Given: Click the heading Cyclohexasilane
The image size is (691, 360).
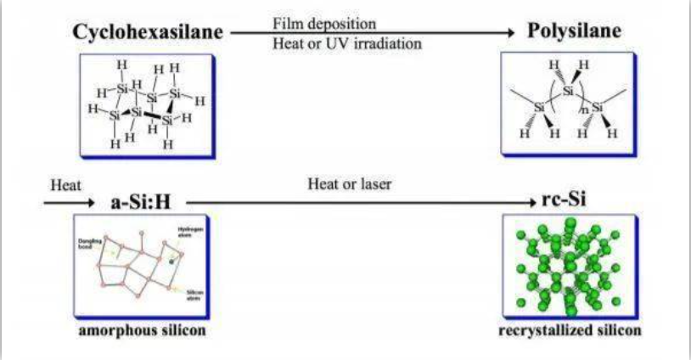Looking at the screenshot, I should [148, 32].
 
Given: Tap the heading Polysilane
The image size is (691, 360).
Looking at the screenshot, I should [575, 32].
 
